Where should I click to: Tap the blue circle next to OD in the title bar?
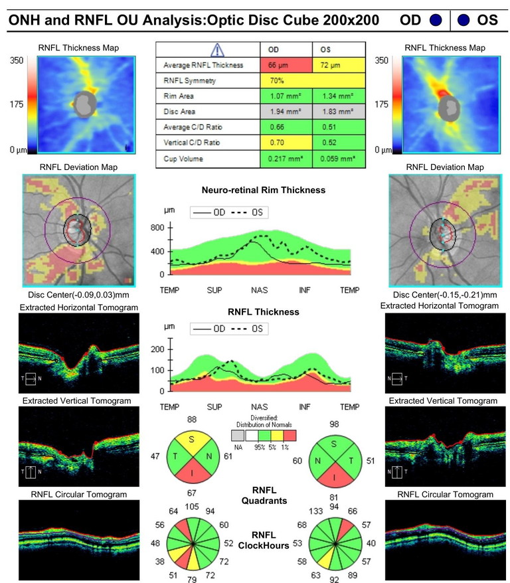coord(436,20)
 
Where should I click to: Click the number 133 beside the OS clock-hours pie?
coord(317,509)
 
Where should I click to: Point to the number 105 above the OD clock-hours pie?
coord(192,507)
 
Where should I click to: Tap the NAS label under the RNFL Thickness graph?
coord(259,406)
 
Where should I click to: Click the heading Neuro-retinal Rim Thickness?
coord(264,190)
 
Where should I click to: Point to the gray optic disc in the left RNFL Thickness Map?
coord(84,103)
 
